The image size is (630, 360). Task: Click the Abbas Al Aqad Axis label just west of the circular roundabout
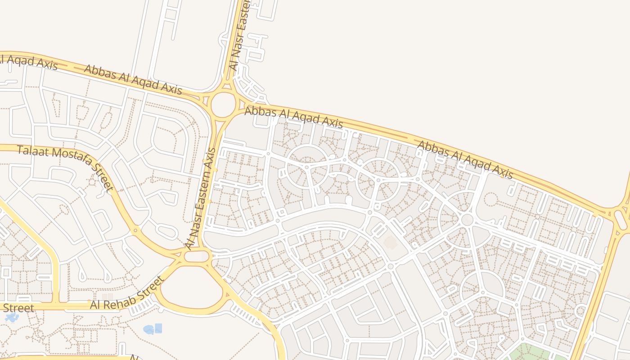133,80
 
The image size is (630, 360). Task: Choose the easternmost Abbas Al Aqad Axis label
465,160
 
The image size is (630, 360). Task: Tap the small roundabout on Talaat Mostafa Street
135,230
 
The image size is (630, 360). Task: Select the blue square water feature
158,328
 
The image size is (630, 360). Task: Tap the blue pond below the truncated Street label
12,317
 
